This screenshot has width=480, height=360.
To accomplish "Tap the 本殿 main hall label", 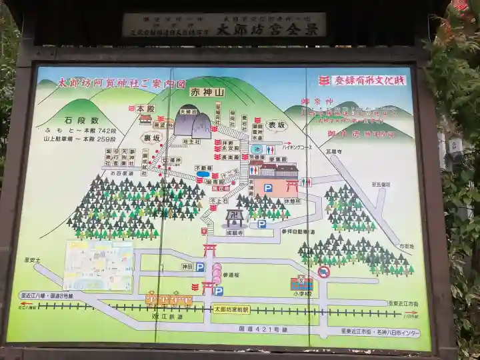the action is [145, 108].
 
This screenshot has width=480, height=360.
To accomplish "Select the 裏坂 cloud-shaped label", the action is [152, 137].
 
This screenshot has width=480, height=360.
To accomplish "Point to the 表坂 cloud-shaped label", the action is [275, 125].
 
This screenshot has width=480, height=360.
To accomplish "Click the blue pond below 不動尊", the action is [203, 175].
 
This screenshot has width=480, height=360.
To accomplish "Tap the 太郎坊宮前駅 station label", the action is [231, 309].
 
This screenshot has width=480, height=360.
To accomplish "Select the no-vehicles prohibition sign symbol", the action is [324, 272].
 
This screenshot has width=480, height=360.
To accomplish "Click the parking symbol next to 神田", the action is [200, 267].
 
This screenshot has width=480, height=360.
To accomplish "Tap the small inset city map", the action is [98, 265].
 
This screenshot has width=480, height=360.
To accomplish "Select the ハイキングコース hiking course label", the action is [303, 144].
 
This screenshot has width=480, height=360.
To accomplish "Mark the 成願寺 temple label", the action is [234, 232].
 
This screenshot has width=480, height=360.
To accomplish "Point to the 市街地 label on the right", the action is [406, 246].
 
